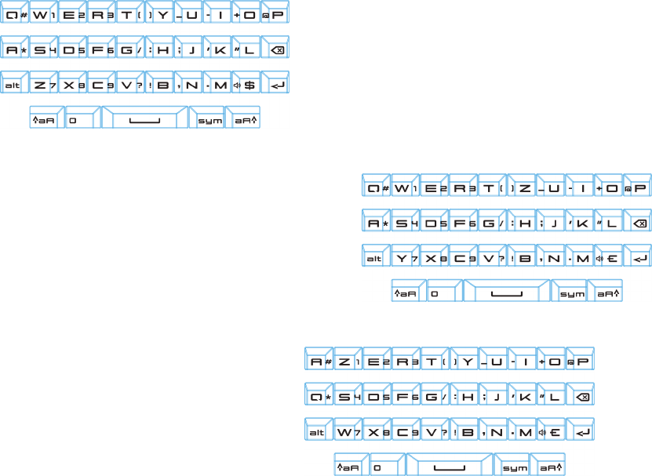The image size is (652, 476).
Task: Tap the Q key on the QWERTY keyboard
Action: point(15,16)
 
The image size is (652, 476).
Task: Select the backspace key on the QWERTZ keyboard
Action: point(638,224)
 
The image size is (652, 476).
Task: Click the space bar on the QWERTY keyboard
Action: point(143,121)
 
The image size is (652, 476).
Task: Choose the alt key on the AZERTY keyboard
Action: point(317,432)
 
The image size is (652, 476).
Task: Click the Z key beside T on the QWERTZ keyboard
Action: point(522,188)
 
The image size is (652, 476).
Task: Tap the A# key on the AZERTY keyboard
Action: point(319,362)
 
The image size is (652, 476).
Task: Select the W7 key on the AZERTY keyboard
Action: point(348,432)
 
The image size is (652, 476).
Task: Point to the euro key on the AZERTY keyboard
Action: point(552,432)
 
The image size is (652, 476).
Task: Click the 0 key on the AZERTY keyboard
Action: point(378,467)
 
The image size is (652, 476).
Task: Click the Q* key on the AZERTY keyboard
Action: point(319,398)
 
